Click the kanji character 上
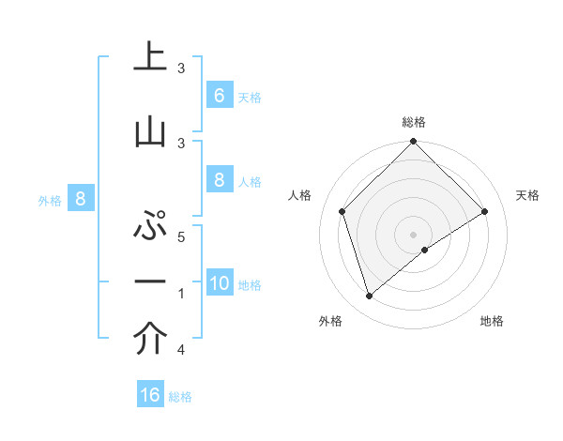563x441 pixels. pyautogui.click(x=150, y=57)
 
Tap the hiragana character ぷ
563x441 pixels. pyautogui.click(x=150, y=228)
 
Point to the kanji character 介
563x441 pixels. pyautogui.click(x=150, y=340)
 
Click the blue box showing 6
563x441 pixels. pyautogui.click(x=219, y=96)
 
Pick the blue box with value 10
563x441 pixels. pyautogui.click(x=220, y=283)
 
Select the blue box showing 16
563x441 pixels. pyautogui.click(x=150, y=395)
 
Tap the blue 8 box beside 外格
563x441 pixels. pyautogui.click(x=81, y=199)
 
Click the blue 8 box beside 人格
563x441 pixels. pyautogui.click(x=219, y=180)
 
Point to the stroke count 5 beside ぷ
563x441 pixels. pyautogui.click(x=181, y=237)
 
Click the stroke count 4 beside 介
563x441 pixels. pyautogui.click(x=181, y=350)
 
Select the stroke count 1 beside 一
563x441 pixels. pyautogui.click(x=181, y=294)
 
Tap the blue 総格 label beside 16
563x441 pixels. pyautogui.click(x=180, y=397)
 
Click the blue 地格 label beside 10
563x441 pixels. pyautogui.click(x=250, y=285)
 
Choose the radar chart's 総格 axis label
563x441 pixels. pyautogui.click(x=414, y=123)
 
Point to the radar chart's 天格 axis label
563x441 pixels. pyautogui.click(x=527, y=195)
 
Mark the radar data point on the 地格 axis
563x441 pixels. pyautogui.click(x=425, y=250)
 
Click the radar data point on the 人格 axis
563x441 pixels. pyautogui.click(x=342, y=211)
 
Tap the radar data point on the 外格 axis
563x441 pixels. pyautogui.click(x=370, y=296)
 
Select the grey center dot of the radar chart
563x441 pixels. pyautogui.click(x=413, y=234)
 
